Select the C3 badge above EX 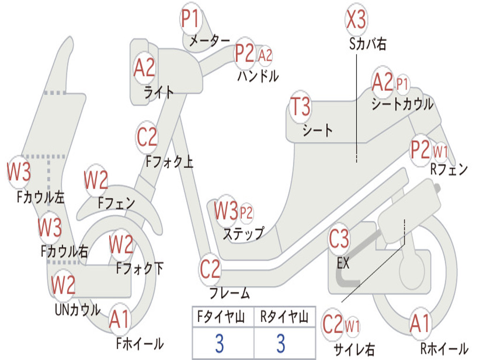(338, 239)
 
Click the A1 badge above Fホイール (120, 320)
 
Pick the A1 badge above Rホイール (420, 323)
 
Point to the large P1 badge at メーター (191, 18)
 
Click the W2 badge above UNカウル (63, 285)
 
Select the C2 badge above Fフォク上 (147, 137)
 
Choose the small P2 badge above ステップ (246, 212)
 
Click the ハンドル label (258, 76)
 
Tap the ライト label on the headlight (158, 92)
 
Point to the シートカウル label (402, 104)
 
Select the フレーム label (229, 293)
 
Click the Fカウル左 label (40, 197)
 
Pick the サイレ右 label (354, 349)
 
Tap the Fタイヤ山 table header (221, 317)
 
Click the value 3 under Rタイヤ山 (281, 343)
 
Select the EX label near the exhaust (343, 262)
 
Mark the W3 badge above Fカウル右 (50, 228)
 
